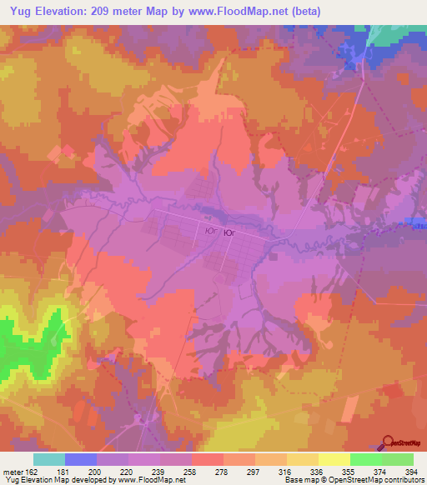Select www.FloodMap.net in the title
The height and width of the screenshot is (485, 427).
(x=256, y=11)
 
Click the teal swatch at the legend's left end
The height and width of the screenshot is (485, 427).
(x=49, y=459)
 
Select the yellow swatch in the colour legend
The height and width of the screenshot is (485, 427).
(x=334, y=459)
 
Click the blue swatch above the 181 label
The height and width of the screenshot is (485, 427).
(x=81, y=459)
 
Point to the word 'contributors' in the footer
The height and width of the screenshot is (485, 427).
(x=404, y=480)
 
